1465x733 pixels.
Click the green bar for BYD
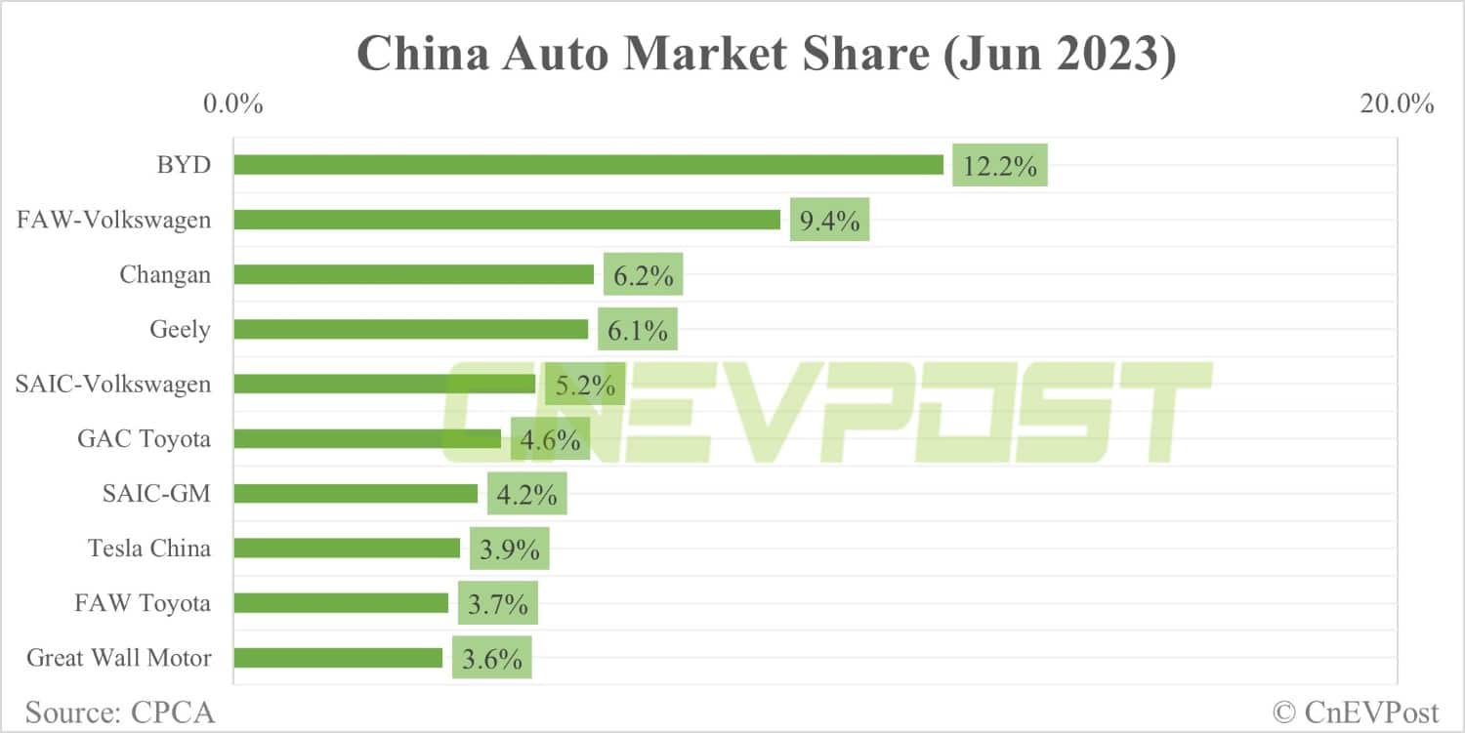click(588, 165)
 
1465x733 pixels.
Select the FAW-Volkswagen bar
click(507, 220)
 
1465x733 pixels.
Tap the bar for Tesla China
click(347, 548)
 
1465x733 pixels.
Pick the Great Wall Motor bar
click(338, 658)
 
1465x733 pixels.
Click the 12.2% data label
click(999, 166)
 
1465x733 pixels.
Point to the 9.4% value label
click(829, 221)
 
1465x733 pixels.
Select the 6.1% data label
click(638, 331)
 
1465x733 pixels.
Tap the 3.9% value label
click(510, 550)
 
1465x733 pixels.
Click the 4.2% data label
click(527, 495)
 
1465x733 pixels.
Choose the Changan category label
click(164, 275)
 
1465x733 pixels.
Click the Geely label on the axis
click(179, 330)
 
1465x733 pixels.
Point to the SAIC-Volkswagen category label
click(112, 385)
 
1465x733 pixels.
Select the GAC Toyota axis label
click(144, 439)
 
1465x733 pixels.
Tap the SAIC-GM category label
click(156, 494)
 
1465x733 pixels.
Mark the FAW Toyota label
click(143, 603)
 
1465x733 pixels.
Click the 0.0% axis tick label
click(232, 103)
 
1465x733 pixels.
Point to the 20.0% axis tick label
click(1397, 103)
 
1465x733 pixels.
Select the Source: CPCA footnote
click(120, 712)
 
